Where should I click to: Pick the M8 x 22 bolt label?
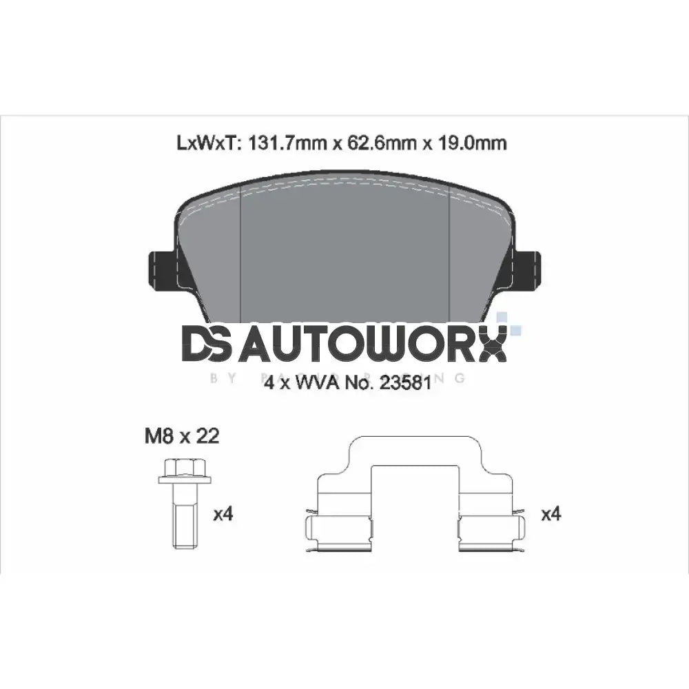tap(181, 437)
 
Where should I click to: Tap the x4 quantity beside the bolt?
tap(224, 514)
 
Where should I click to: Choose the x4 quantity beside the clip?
tap(551, 514)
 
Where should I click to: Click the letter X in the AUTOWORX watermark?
tap(492, 344)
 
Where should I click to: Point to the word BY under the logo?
tap(218, 378)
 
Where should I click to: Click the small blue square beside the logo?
tap(502, 318)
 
